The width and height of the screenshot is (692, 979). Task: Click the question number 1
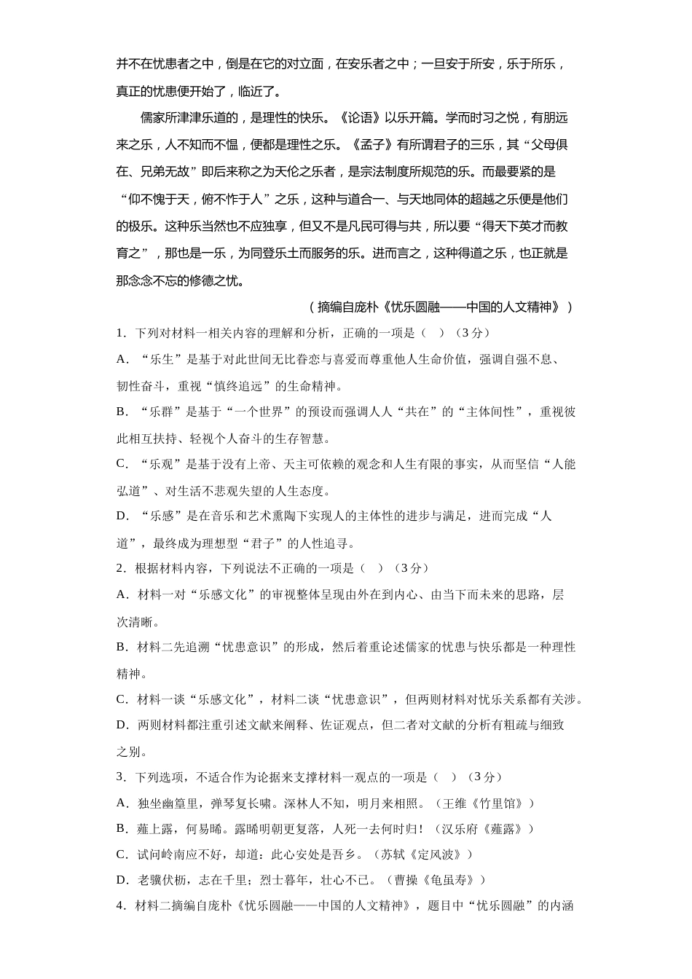pyautogui.click(x=119, y=333)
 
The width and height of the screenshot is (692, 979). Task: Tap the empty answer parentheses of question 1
pyautogui.click(x=431, y=333)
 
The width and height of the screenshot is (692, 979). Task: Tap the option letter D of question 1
pyautogui.click(x=122, y=516)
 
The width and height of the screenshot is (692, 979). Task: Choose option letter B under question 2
pyautogui.click(x=122, y=647)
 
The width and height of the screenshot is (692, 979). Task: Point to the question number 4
pyautogui.click(x=119, y=906)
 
